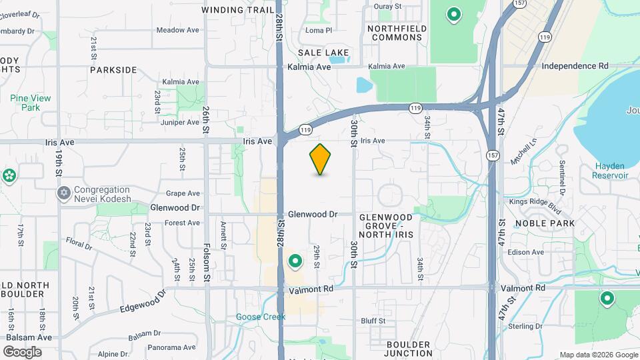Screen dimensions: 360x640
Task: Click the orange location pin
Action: [x=321, y=159]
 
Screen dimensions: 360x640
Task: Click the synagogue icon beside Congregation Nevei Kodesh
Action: [x=64, y=193]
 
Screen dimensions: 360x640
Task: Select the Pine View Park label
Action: [x=31, y=103]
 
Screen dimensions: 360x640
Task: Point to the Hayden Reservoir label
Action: [x=610, y=171]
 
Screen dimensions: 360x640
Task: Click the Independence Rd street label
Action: [x=575, y=66]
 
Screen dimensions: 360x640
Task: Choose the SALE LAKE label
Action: [x=319, y=52]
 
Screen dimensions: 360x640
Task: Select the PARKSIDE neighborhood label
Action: [x=113, y=69]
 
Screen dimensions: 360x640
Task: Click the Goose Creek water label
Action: [x=260, y=317]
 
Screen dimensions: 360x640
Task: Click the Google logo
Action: [x=22, y=351]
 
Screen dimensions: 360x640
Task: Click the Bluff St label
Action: [x=373, y=321]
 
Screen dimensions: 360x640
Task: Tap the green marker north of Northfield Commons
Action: [x=454, y=13]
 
